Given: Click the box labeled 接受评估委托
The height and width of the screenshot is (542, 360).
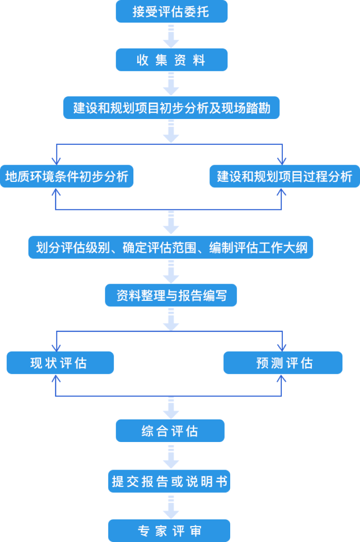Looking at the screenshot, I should coord(171,11).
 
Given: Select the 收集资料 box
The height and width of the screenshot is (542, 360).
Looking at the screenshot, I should coord(171,60).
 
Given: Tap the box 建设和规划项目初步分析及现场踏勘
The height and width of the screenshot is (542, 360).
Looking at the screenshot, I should coord(171,109).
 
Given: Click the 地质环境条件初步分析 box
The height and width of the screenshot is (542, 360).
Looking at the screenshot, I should coord(66,177).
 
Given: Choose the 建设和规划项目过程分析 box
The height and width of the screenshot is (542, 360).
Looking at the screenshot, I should coord(284,177).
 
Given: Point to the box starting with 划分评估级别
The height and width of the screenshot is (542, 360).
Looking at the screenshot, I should coord(171,248).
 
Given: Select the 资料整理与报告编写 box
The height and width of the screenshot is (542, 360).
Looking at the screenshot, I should coord(171,296).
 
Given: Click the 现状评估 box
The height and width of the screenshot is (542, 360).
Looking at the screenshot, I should coord(60,363).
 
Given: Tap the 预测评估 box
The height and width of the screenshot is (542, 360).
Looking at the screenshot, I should coord(283,363).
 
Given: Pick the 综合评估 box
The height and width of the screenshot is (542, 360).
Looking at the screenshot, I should coord(170,431).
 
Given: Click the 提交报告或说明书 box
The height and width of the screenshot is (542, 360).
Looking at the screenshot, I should coord(170,482).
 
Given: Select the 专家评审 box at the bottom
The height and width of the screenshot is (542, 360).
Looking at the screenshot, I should coord(169,531).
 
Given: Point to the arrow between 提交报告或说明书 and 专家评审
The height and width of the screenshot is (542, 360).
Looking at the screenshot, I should coord(171,507).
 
